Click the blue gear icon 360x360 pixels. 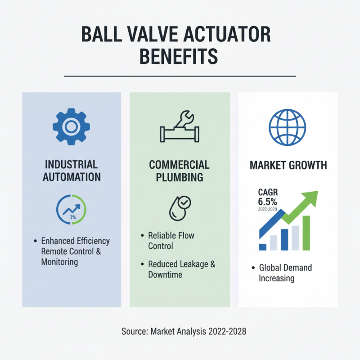(71, 127)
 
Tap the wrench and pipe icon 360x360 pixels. (179, 128)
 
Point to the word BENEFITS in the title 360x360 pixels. (179, 57)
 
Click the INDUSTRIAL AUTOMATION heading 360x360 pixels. (71, 170)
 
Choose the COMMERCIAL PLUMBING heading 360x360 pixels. (179, 171)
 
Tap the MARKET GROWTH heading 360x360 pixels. (288, 166)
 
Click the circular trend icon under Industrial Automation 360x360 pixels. (71, 209)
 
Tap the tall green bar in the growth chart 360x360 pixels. (306, 233)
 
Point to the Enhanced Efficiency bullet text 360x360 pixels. (75, 241)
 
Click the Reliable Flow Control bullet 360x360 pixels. (171, 241)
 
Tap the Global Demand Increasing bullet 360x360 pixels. (285, 273)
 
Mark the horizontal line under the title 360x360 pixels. (180, 76)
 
